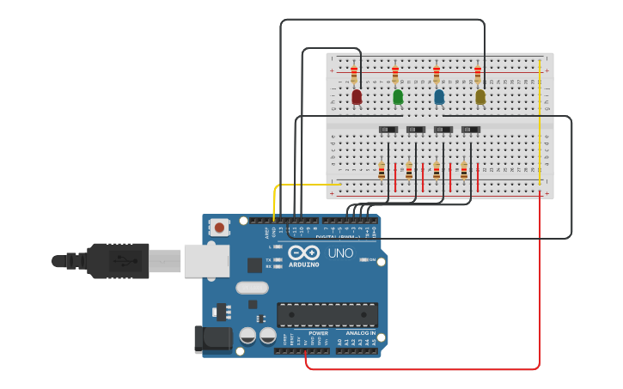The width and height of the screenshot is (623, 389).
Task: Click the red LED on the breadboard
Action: pos(357,97)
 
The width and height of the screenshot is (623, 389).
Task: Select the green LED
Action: pos(398,97)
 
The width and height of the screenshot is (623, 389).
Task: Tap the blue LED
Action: pos(439,97)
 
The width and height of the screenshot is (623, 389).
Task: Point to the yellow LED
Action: pos(480,97)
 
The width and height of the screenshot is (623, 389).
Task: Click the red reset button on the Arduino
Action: pos(220,228)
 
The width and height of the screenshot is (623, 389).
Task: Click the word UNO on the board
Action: pos(340,253)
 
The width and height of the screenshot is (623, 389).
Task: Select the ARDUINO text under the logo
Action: pos(304,264)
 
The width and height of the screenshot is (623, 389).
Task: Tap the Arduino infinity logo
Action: pos(304,253)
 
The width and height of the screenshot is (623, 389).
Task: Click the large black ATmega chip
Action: pos(327,314)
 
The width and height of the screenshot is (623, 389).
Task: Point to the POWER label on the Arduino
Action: pos(318,333)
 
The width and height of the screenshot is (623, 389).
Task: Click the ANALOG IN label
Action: pos(361,333)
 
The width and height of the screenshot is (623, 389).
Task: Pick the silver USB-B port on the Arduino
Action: pos(206,260)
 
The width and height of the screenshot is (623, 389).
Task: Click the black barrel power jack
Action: pos(213,338)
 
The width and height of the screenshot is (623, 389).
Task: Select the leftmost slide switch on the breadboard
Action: pos(388,130)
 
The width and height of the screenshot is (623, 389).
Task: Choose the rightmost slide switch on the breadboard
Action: pos(471,130)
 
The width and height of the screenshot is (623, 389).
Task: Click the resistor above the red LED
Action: pos(354,74)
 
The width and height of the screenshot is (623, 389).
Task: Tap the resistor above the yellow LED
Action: pos(478,74)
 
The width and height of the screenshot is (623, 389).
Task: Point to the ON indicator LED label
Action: pos(373,259)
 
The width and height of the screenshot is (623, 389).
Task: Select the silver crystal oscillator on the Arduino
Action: pos(252,288)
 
